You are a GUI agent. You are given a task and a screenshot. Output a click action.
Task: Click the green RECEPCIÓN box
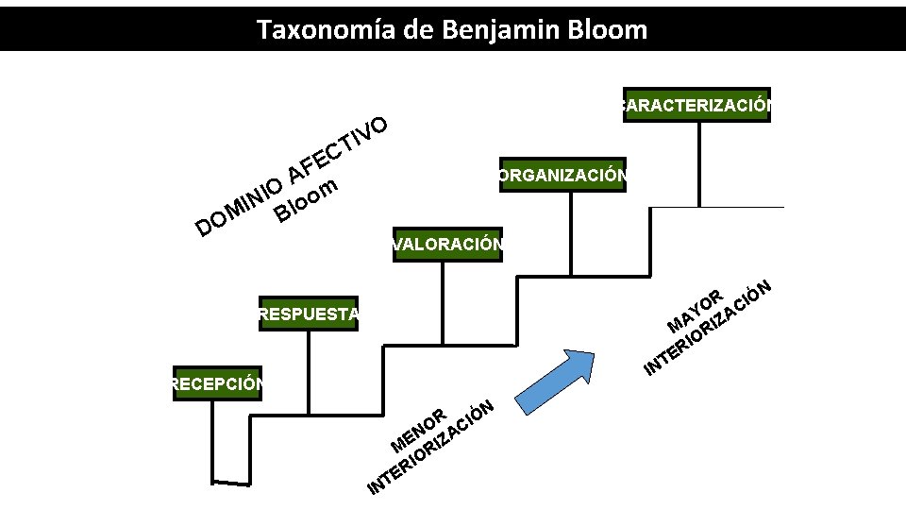coord(217,383)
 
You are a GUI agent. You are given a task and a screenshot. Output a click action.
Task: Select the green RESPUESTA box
coord(308,314)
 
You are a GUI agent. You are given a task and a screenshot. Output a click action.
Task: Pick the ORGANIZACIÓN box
coord(562,175)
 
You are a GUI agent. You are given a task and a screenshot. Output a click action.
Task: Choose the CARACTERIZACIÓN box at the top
coord(696,105)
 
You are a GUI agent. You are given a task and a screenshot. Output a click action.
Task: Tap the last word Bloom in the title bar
coord(610,30)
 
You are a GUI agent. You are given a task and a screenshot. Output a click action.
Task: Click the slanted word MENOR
coord(418,430)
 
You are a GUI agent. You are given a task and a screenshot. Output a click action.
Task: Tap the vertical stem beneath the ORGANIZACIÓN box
coord(562,222)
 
